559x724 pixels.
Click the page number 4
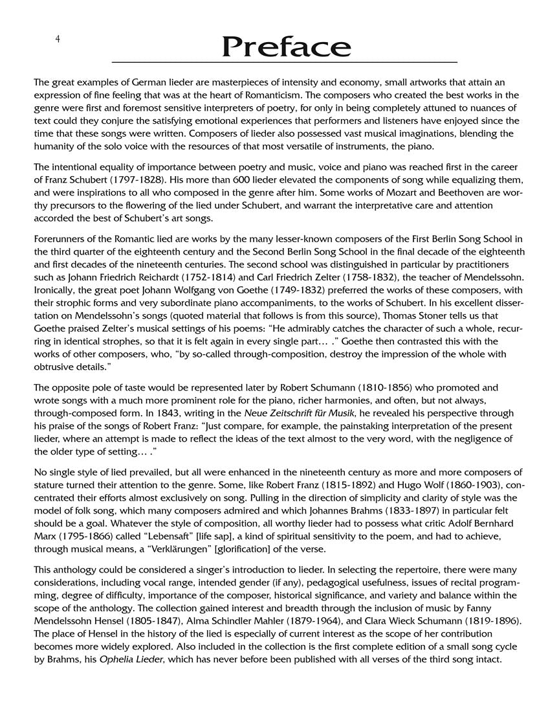[x=58, y=40]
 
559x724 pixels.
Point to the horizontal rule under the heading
[x=285, y=62]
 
